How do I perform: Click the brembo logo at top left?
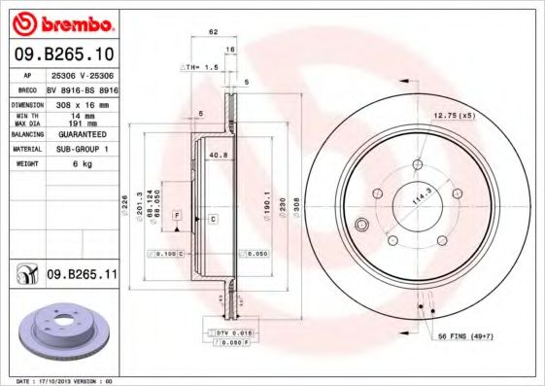(61, 22)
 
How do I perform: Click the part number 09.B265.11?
(82, 275)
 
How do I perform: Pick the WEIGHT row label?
(25, 163)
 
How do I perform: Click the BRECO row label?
(25, 88)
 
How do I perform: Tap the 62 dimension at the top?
(212, 32)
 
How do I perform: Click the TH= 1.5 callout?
(197, 66)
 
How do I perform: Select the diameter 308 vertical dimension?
(294, 205)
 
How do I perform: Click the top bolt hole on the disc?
(418, 163)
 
